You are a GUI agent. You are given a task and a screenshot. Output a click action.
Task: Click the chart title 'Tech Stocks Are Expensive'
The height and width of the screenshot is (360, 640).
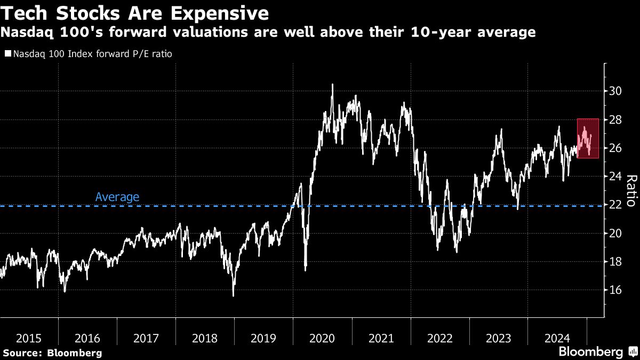click(134, 13)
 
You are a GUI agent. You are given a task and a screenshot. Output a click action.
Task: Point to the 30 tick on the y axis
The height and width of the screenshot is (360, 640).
click(615, 91)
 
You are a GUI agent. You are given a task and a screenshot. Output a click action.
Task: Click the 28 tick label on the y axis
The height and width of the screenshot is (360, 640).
click(615, 119)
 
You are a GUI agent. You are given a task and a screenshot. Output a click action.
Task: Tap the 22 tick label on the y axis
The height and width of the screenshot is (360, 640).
click(615, 205)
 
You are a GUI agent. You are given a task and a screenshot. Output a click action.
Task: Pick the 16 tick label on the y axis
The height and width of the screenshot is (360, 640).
click(615, 290)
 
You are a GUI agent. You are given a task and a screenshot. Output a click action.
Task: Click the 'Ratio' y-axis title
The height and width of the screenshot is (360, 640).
click(630, 190)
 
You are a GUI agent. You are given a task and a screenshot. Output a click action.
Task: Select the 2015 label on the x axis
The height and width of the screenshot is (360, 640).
click(29, 338)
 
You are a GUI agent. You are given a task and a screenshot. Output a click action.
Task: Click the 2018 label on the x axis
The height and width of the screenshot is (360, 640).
click(205, 338)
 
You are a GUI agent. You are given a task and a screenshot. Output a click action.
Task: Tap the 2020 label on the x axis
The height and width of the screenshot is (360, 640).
click(322, 338)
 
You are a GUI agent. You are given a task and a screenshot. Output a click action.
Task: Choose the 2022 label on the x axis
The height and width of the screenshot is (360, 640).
click(439, 338)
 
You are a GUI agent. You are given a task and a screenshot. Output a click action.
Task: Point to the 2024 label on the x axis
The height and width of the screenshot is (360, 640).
click(557, 338)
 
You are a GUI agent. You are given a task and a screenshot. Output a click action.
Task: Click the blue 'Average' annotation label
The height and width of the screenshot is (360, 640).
click(117, 197)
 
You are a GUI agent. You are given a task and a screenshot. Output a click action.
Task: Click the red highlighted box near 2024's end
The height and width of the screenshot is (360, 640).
click(588, 138)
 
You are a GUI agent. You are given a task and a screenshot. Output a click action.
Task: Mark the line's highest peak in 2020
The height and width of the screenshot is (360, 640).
click(332, 84)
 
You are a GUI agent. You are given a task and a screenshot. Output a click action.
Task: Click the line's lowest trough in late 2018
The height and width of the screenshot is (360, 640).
click(234, 295)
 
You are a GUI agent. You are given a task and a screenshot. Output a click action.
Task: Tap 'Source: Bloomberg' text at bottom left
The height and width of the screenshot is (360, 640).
click(52, 353)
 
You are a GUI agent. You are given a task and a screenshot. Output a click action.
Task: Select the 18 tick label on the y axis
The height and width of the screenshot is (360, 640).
click(615, 262)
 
